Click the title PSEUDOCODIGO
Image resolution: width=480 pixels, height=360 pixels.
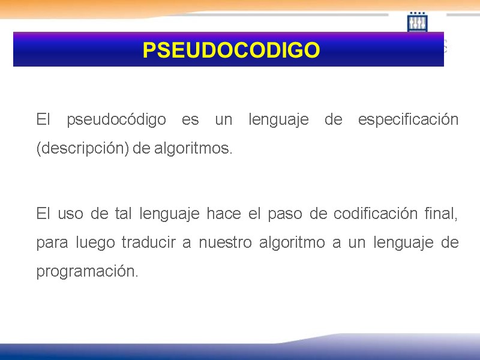click(x=231, y=50)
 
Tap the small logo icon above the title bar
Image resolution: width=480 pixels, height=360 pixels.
click(x=417, y=23)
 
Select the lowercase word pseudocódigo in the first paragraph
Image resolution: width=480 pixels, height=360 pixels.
click(x=116, y=120)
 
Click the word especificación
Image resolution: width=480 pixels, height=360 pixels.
click(x=408, y=120)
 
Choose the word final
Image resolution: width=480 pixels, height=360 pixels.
click(x=443, y=214)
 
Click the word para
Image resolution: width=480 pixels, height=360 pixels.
click(x=52, y=244)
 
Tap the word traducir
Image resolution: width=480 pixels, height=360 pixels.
click(x=147, y=243)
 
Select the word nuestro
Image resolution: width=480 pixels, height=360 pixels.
click(x=224, y=243)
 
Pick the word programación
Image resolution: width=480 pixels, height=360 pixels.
click(x=87, y=272)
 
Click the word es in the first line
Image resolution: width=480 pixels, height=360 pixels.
click(x=190, y=120)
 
